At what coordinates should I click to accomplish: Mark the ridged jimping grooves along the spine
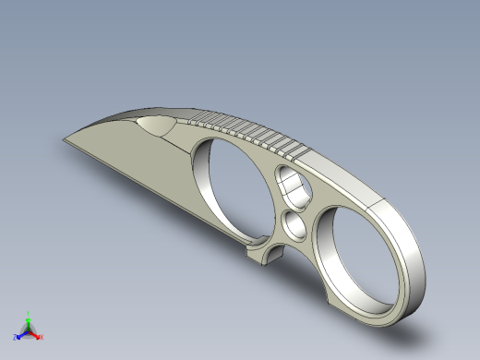(249, 133)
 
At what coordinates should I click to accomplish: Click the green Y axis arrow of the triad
(29, 322)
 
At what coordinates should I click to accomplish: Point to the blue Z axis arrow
(21, 333)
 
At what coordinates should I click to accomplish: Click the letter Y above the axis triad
(29, 314)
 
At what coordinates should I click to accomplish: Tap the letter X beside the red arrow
(42, 338)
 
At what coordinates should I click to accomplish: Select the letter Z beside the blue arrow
(16, 338)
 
